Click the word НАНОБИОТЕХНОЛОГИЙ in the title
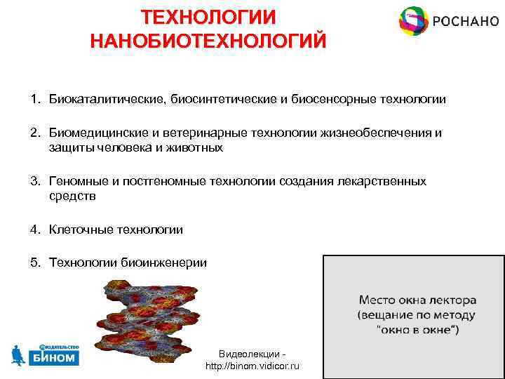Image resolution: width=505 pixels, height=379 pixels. pos(208,40)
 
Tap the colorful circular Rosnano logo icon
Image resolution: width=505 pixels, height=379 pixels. pos(413,22)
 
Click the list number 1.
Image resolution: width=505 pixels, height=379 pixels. pos(34,100)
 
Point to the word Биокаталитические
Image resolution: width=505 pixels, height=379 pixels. pos(106,100)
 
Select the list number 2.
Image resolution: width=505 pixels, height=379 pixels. pos(34,133)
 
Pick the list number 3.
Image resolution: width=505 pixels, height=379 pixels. pos(34,181)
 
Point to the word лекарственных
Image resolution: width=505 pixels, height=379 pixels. pos(382,181)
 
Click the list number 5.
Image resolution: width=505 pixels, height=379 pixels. pos(34,262)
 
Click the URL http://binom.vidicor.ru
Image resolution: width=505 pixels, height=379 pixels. pos(252,366)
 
